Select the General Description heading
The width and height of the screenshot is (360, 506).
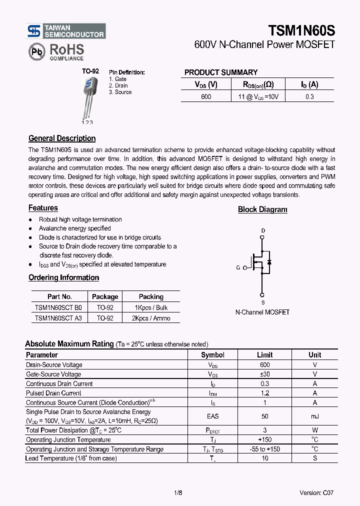pos(62,138)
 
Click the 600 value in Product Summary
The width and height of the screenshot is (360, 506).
pos(206,96)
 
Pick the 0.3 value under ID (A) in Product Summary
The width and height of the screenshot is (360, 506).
pos(309,96)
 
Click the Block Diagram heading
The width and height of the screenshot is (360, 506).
pos(262,209)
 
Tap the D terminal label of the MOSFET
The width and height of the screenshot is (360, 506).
pos(262,230)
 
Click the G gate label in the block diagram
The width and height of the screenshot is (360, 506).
pos(238,267)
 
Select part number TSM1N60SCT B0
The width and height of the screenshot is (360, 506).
pos(58,308)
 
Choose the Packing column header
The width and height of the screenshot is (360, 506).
pos(151,296)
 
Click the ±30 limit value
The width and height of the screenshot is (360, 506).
pos(264,374)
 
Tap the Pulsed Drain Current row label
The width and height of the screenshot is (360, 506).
pos(53,393)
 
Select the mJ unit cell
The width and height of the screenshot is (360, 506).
pos(315,416)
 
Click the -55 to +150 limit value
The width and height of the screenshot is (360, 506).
pos(264,449)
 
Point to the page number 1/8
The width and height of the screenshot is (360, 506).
pos(178,492)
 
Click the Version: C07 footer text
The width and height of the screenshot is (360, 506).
pos(316,492)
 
